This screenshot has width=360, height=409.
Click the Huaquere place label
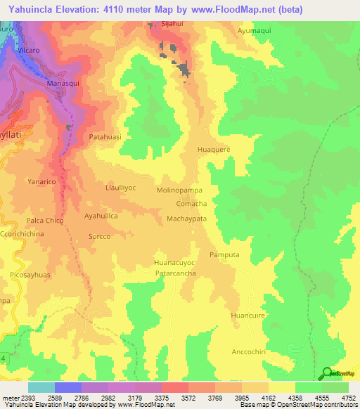pos(214,149)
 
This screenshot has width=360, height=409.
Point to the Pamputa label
pos(224,254)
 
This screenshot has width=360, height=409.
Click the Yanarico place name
pos(41,180)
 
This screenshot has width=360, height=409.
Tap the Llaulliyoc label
pos(120,188)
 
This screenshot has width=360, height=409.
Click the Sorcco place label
pos(99,237)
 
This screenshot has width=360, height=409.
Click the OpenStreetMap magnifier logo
pos(326,373)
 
